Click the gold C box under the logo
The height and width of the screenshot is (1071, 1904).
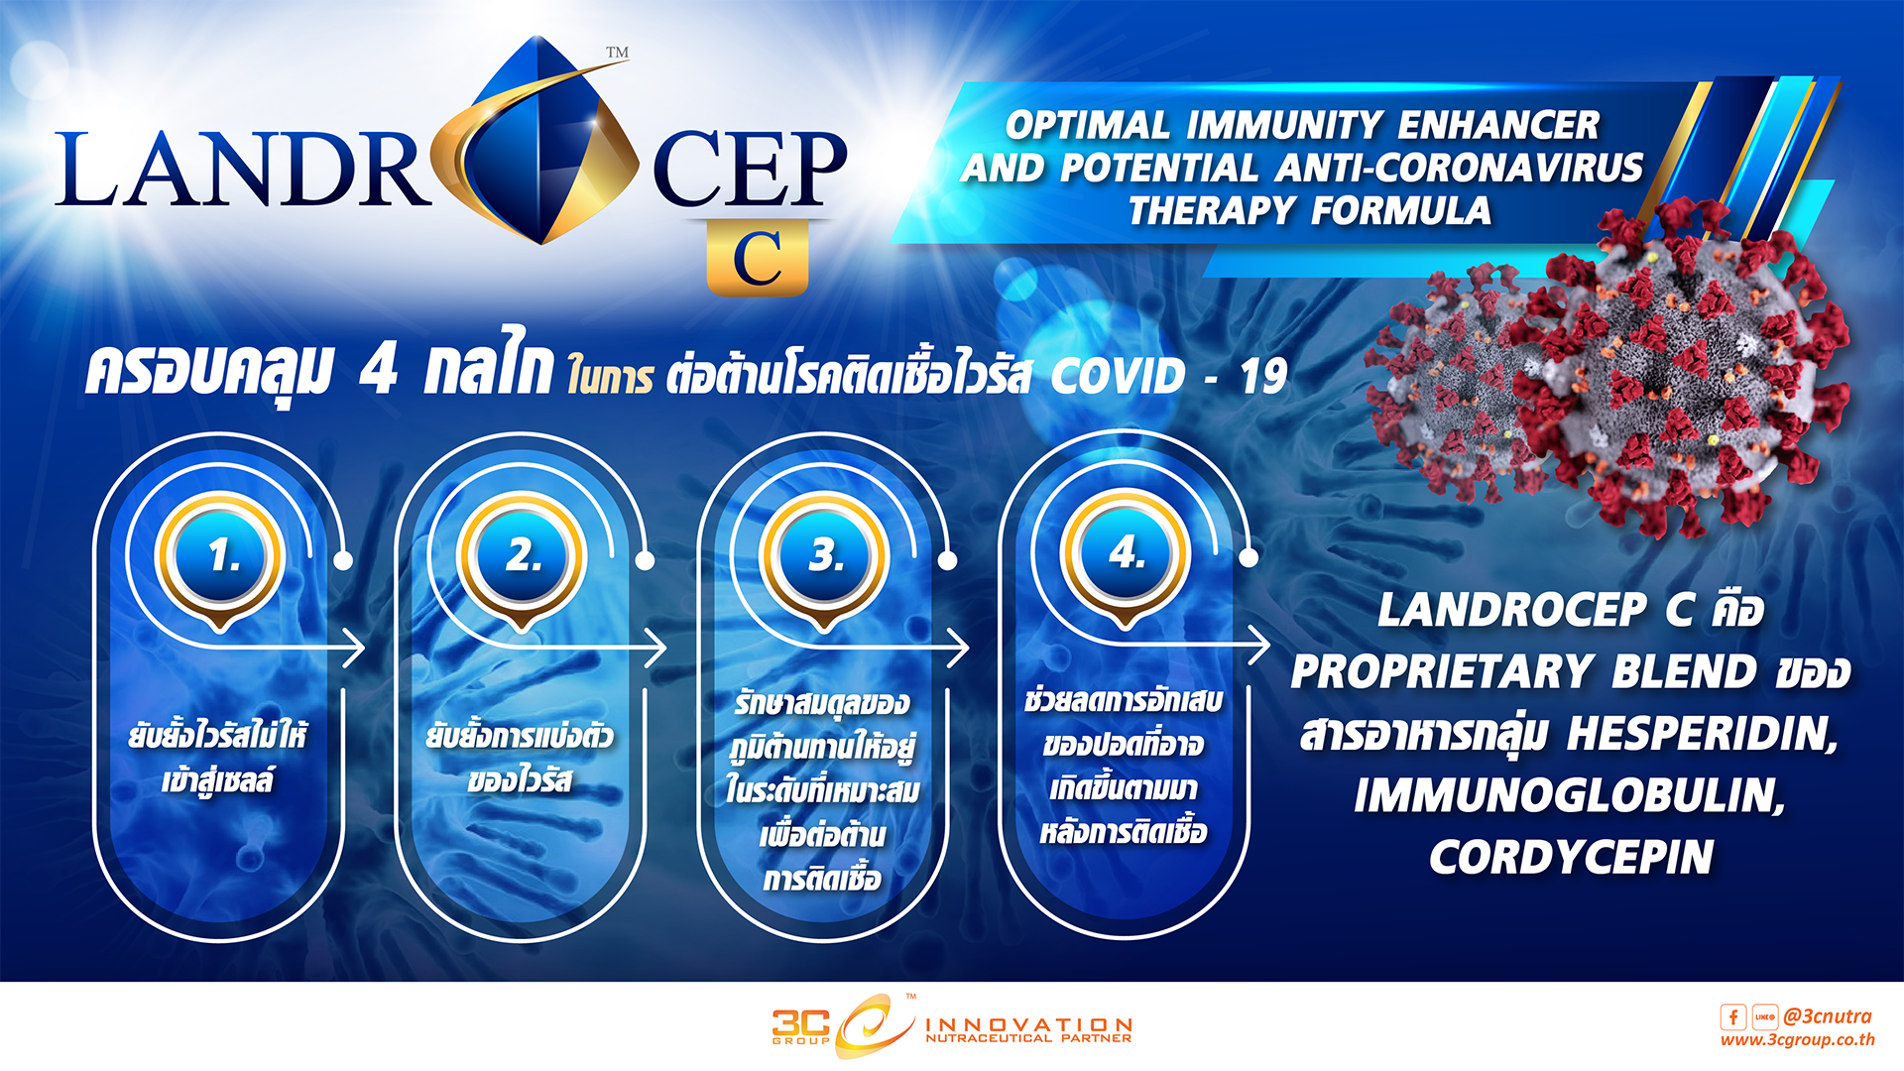758,259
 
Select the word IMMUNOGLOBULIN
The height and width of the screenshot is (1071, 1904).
1570,796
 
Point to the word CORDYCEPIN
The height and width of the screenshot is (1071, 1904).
1572,858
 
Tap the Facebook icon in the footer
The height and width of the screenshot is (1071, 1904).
1732,1017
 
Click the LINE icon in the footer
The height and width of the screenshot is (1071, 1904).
1765,1017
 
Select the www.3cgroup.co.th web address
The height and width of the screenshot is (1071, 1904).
1797,1040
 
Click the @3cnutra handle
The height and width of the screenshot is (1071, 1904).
1828,1016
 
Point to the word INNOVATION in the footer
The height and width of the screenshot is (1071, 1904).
1028,1023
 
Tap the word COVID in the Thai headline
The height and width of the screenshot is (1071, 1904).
1118,377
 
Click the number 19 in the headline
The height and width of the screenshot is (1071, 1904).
1263,377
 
